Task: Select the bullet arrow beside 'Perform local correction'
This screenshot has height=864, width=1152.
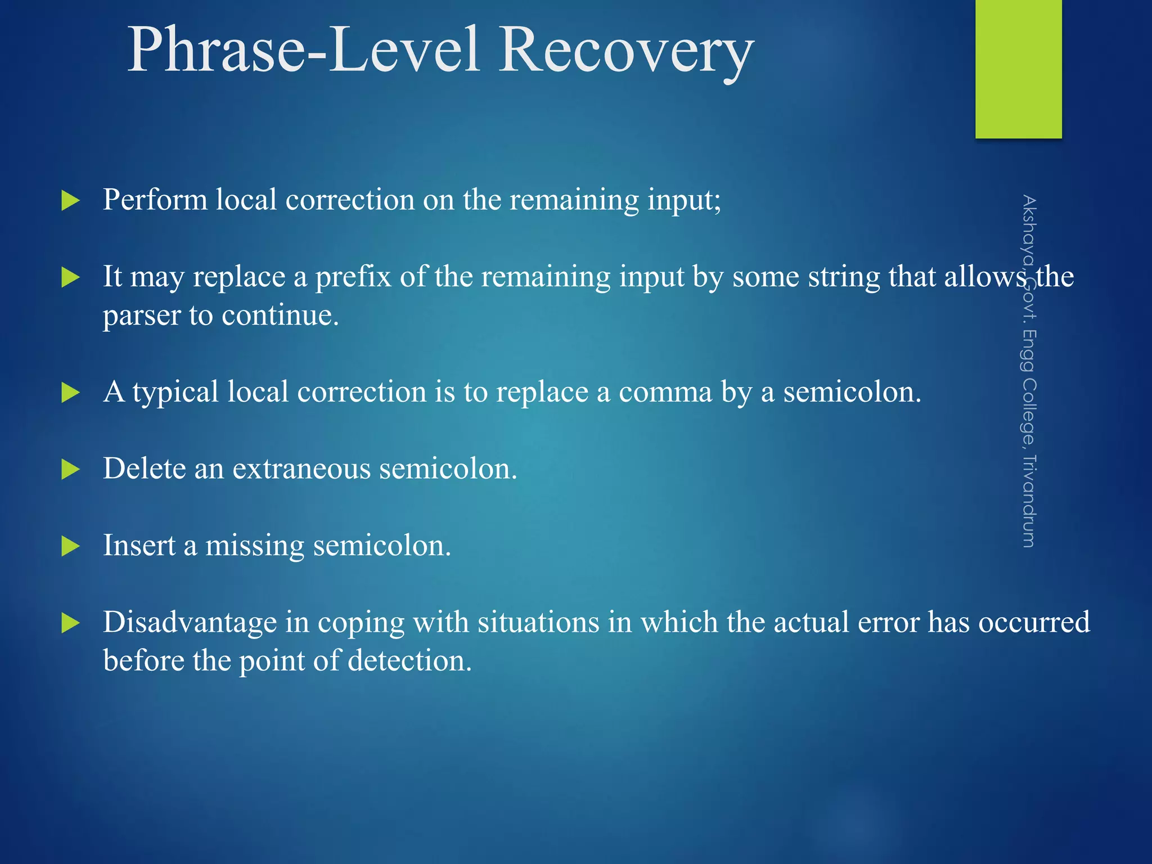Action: click(x=70, y=201)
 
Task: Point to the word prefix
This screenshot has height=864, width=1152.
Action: click(x=353, y=277)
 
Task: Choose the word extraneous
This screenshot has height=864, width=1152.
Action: click(x=301, y=469)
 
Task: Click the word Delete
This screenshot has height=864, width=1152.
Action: click(x=144, y=469)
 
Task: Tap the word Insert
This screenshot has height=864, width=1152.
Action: click(x=139, y=546)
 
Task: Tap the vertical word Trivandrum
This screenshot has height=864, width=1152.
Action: click(x=1028, y=501)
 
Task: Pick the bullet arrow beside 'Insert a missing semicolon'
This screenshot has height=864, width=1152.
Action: click(x=70, y=546)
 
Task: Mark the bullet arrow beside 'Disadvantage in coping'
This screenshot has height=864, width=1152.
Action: click(x=70, y=623)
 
